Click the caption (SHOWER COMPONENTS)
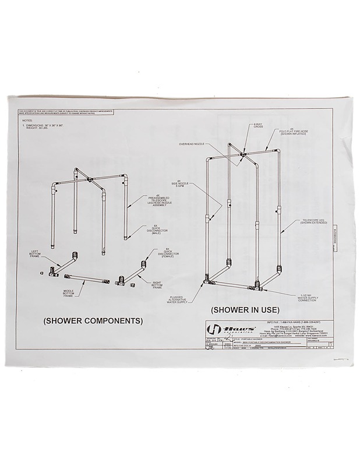[x=93, y=320]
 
